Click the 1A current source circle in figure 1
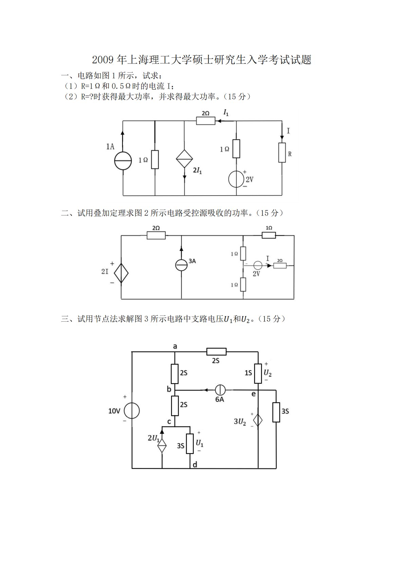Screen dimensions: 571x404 [x=123, y=160]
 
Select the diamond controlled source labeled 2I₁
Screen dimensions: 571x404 [x=184, y=158]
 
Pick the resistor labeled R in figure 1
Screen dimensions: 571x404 [x=282, y=152]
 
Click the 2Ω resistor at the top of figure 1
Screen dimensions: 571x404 [x=205, y=120]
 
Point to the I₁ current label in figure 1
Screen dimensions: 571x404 [x=226, y=112]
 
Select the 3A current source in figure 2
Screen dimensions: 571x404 [x=181, y=265]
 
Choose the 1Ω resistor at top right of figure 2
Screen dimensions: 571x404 [x=269, y=235]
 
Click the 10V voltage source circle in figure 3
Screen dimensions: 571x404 [x=132, y=411]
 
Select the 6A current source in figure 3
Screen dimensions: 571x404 [x=220, y=390]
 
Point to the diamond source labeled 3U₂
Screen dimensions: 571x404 [x=258, y=421]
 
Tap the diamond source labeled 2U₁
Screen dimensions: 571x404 [x=162, y=446]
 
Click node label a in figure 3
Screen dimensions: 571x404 [x=175, y=346]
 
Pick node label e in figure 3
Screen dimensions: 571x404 [x=253, y=394]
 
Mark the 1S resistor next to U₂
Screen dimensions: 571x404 [x=258, y=373]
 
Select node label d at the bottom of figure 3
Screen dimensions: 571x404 [x=195, y=464]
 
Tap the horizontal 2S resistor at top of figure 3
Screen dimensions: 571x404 [x=216, y=352]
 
